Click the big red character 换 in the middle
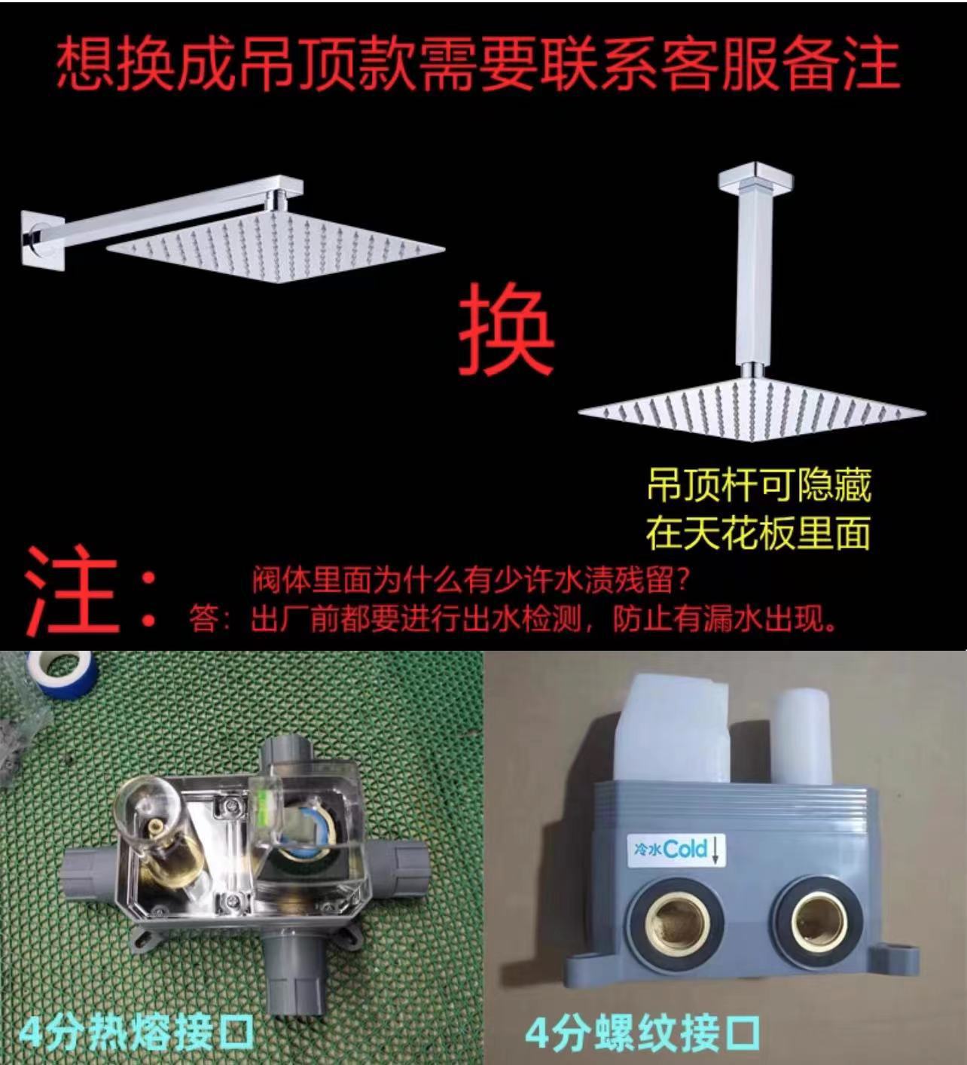[506, 331]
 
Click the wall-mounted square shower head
[275, 246]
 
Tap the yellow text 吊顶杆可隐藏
[758, 487]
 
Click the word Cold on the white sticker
[685, 850]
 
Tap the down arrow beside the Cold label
[715, 850]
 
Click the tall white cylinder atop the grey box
[800, 735]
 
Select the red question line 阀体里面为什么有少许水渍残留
[471, 581]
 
